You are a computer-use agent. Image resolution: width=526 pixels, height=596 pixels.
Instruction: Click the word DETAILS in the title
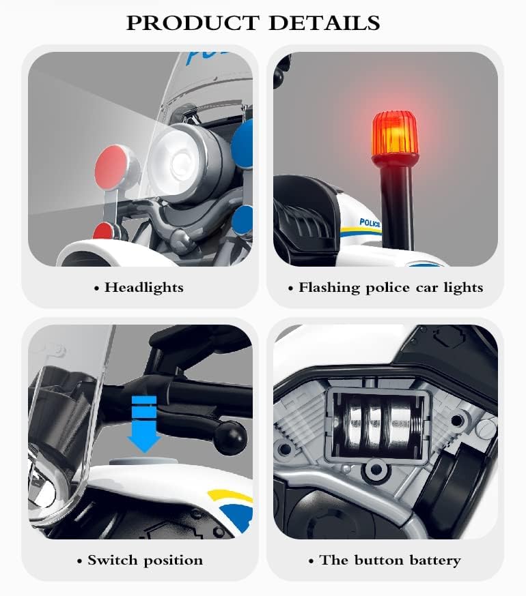[324, 23]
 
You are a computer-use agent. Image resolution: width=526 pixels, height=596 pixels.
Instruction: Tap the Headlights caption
[143, 288]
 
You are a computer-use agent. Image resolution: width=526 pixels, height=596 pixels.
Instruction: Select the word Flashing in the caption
[329, 288]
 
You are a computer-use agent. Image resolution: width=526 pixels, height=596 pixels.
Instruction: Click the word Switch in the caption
[111, 561]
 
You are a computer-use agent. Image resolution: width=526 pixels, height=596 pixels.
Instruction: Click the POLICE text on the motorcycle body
[370, 223]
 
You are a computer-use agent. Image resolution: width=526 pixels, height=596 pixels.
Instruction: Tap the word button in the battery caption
[378, 561]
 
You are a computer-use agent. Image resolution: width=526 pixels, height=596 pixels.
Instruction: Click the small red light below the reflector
[103, 230]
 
